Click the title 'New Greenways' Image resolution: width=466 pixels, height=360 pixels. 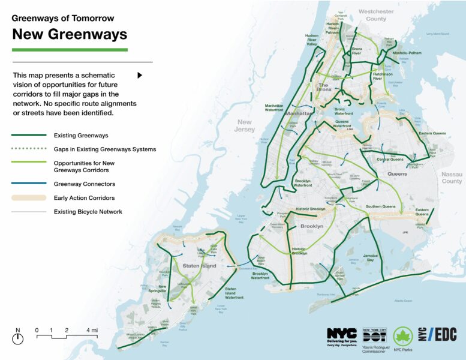pyautogui.click(x=70, y=34)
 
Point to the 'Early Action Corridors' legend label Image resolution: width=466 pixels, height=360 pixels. pyautogui.click(x=84, y=198)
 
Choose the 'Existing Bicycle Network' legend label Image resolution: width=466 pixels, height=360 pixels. pyautogui.click(x=88, y=212)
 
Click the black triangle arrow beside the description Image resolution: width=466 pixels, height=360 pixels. pyautogui.click(x=140, y=76)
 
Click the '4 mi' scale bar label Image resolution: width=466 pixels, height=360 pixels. pyautogui.click(x=92, y=331)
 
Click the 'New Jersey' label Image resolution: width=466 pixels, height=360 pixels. pyautogui.click(x=245, y=125)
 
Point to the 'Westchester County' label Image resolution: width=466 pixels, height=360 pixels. pyautogui.click(x=376, y=15)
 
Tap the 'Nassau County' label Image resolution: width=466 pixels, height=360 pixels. pyautogui.click(x=452, y=178)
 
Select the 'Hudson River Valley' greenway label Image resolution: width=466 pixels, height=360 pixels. pyautogui.click(x=311, y=40)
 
